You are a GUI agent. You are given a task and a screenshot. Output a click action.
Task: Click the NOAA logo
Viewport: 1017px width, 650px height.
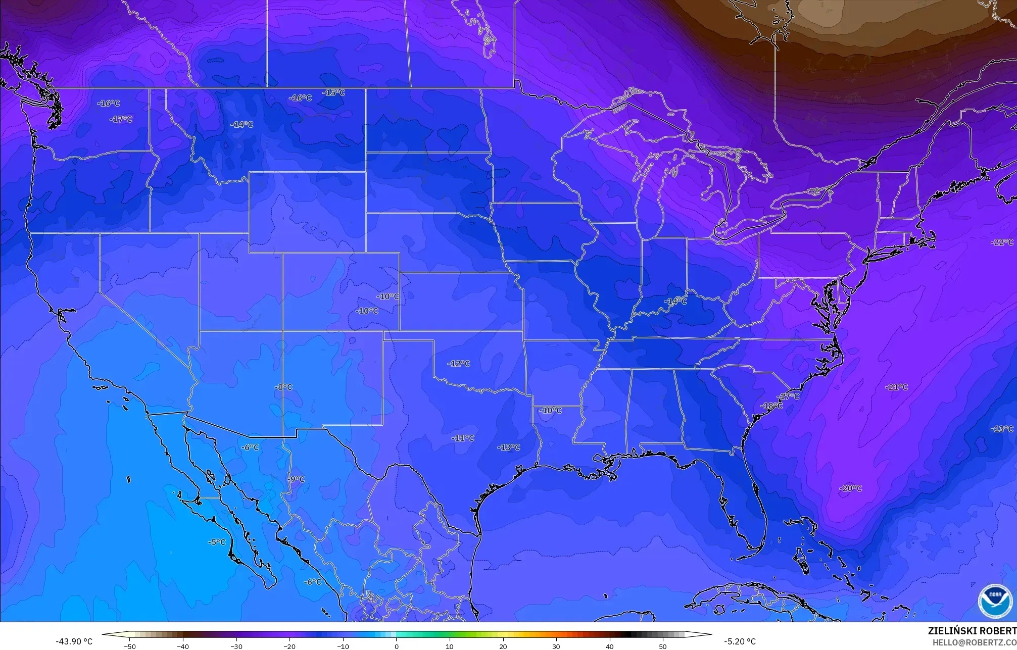click(x=995, y=601)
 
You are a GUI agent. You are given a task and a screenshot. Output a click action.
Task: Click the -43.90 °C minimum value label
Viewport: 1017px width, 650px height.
click(x=74, y=641)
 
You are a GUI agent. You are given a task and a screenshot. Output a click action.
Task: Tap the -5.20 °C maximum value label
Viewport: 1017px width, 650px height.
click(x=740, y=641)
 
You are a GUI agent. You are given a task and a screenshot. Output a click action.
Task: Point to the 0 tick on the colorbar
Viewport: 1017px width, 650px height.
click(x=397, y=645)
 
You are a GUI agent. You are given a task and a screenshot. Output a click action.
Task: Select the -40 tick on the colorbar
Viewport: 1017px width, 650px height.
click(x=183, y=645)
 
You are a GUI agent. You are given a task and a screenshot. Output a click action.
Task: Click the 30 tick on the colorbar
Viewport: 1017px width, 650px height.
click(x=556, y=645)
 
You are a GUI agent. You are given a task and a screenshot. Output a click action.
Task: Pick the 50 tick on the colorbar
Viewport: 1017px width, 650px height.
click(x=663, y=645)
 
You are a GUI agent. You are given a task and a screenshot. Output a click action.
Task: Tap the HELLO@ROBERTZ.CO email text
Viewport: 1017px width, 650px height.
click(x=974, y=642)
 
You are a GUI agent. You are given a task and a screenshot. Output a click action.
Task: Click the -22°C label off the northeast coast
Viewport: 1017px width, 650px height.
click(x=1002, y=242)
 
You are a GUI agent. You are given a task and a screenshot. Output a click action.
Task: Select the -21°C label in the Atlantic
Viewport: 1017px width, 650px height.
click(x=896, y=387)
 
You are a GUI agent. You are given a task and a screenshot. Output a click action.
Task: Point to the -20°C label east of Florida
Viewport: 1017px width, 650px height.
click(x=851, y=488)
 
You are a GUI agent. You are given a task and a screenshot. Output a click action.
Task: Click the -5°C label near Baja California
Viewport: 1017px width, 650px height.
click(x=217, y=542)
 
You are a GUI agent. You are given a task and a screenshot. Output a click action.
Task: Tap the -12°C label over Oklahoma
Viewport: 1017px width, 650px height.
click(x=459, y=364)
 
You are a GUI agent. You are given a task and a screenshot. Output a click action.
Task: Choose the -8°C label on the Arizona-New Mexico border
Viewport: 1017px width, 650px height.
click(x=283, y=387)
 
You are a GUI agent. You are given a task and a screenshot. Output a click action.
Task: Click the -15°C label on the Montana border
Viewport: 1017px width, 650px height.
click(x=333, y=92)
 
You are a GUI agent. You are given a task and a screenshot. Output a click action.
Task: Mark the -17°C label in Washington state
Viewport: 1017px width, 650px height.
click(x=121, y=119)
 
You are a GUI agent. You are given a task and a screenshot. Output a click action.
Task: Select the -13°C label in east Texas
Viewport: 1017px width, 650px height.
click(x=508, y=447)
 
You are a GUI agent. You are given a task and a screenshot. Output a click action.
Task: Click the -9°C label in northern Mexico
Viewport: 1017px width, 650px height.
click(x=296, y=479)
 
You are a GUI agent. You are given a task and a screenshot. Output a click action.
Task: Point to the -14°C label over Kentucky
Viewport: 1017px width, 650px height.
click(x=675, y=301)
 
